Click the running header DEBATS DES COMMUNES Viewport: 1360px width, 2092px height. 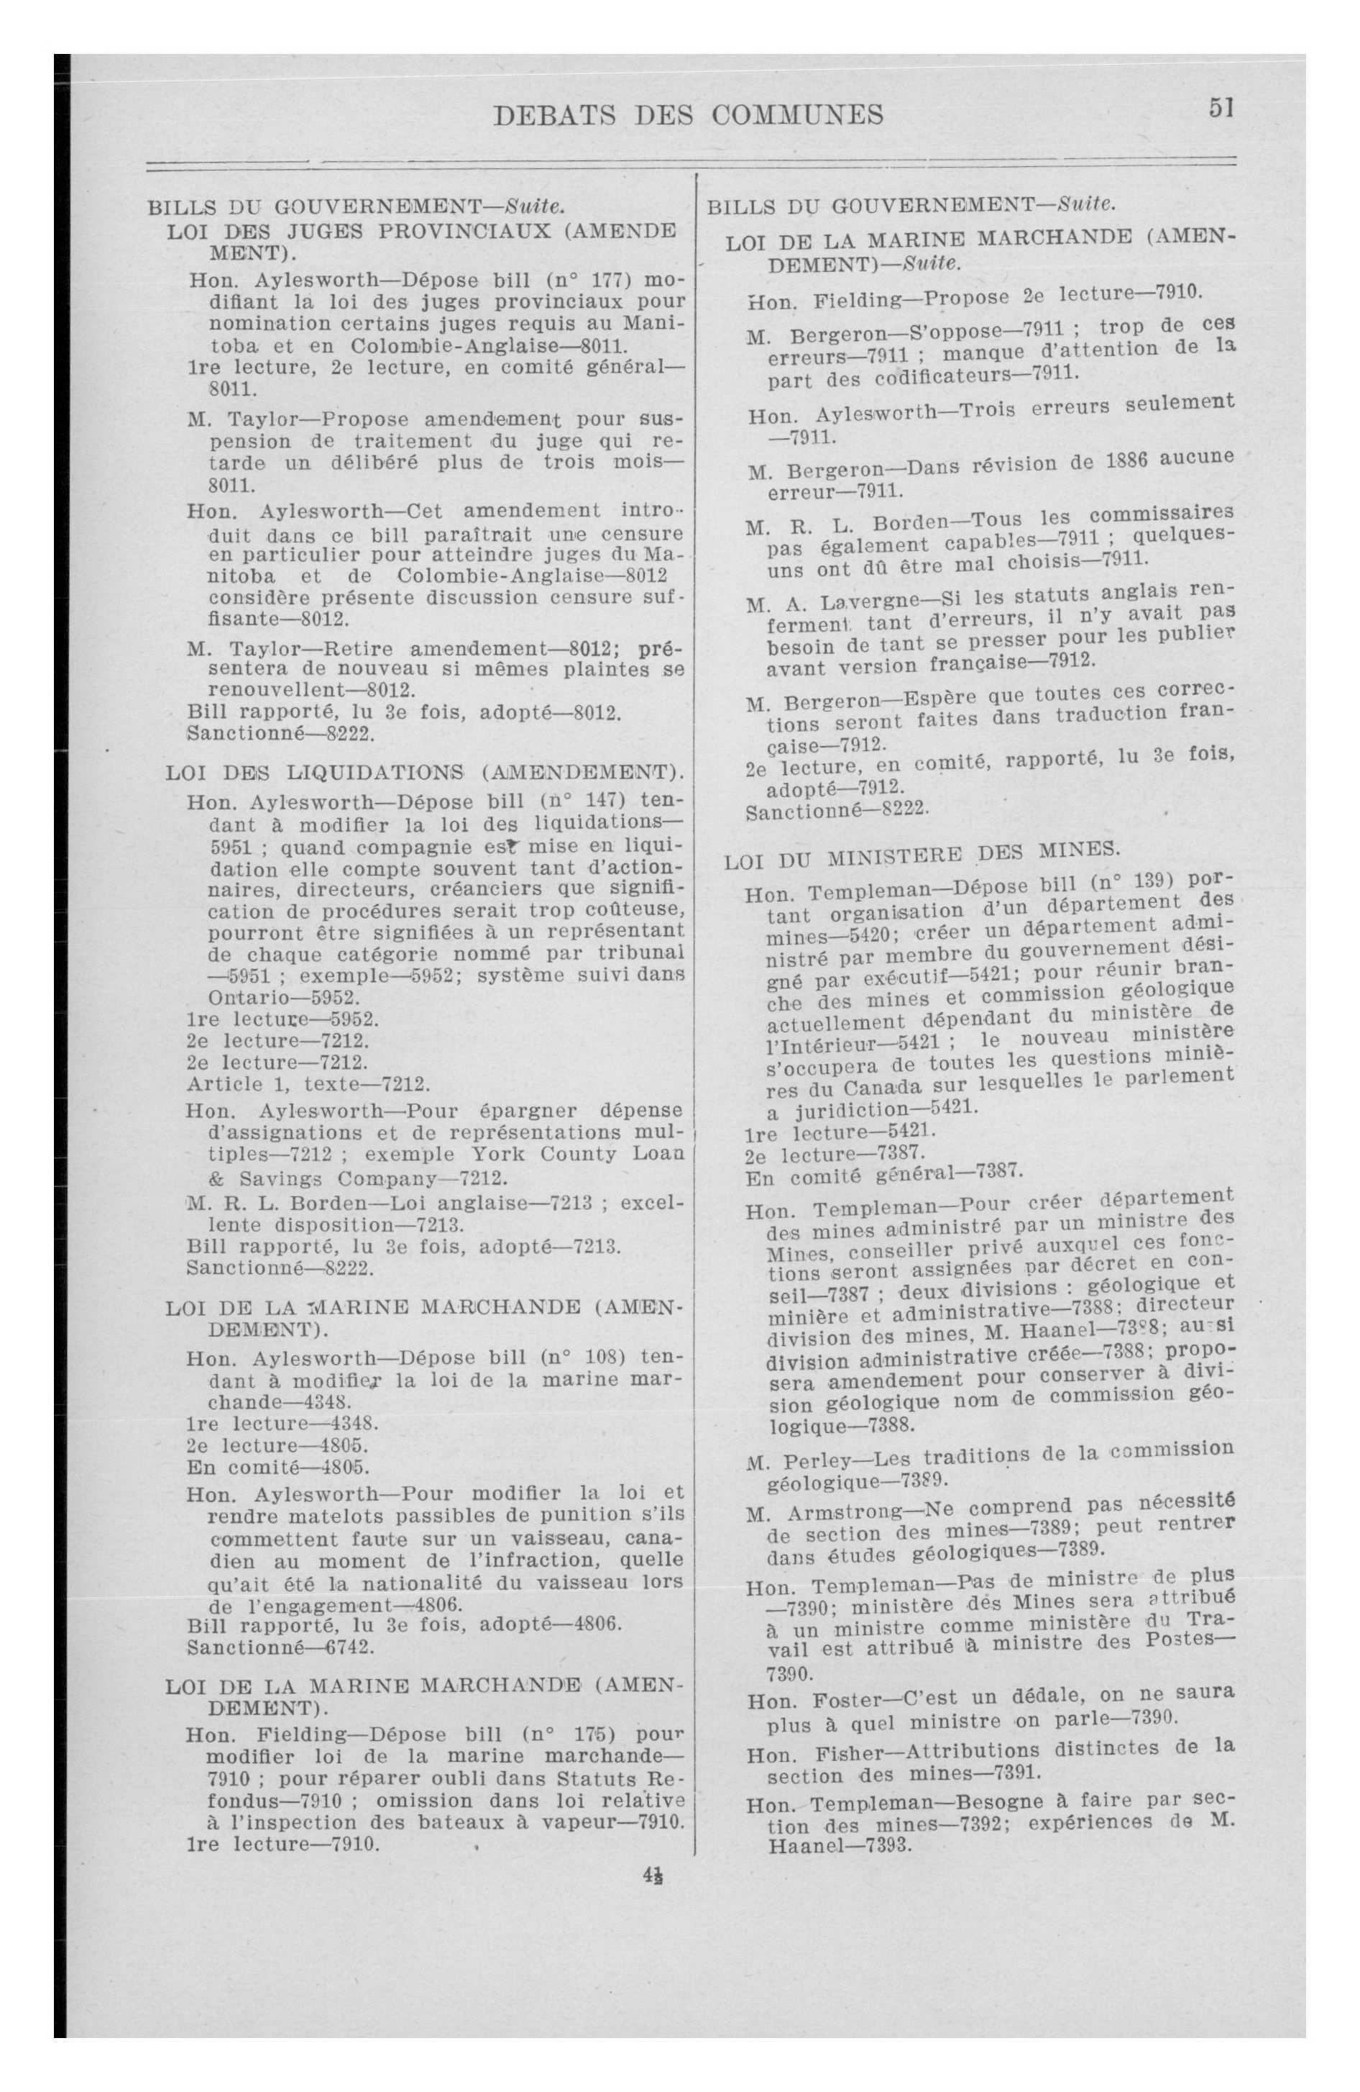(x=689, y=115)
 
